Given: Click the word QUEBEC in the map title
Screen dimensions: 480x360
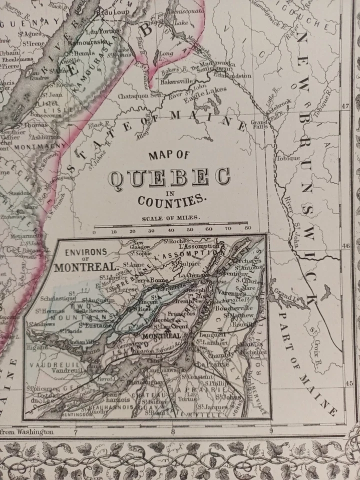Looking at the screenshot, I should click(x=170, y=177).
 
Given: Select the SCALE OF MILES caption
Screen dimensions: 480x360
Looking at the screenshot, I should click(x=170, y=217).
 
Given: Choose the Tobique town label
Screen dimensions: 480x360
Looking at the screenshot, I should click(x=288, y=158).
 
